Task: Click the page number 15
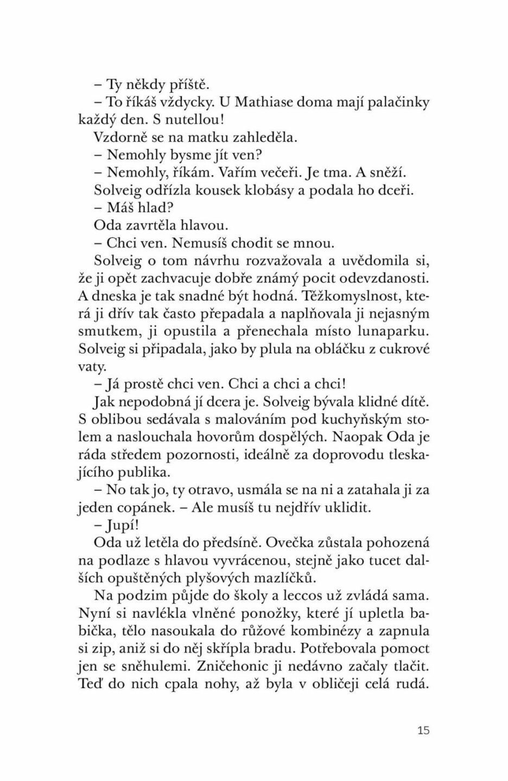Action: [424, 730]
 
